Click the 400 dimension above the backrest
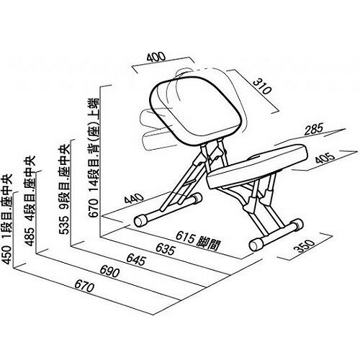coord(156,58)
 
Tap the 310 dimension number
coord(263,86)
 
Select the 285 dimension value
coord(314,129)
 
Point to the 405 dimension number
coord(325,158)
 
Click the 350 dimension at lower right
coord(305,246)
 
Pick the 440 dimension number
coord(134,198)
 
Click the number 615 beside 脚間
coord(185,237)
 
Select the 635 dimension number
coord(166,249)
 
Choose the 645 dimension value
coord(136,260)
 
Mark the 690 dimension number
coord(109,271)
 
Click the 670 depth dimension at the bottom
coord(84,287)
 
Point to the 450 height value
coord(6,254)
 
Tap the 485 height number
coord(30,237)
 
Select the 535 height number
coord(64,225)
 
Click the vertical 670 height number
coord(94,208)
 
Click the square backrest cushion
coord(195,110)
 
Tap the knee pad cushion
coord(257,166)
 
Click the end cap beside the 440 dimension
coord(140,221)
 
